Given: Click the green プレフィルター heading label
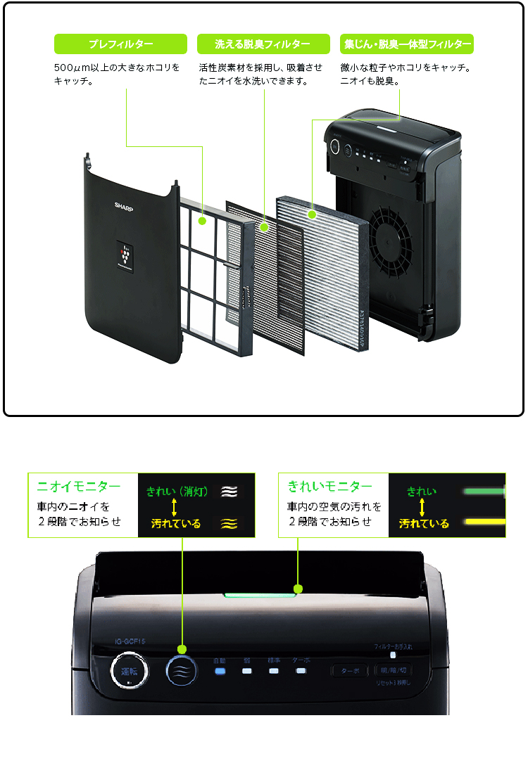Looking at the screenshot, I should (x=120, y=44).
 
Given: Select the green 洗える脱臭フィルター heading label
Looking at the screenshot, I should (x=263, y=44).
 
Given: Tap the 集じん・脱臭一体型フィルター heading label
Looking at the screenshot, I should (x=406, y=44).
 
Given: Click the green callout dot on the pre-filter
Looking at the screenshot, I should (x=202, y=221).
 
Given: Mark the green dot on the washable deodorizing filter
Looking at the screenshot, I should (x=264, y=227).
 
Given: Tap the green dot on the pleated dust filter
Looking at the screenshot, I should (x=311, y=212).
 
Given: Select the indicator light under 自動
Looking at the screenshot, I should (x=220, y=671).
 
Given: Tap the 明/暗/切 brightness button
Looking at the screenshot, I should (x=393, y=670).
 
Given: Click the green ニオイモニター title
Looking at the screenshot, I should (x=79, y=487).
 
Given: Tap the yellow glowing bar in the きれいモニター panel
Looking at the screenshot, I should (x=483, y=521).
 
